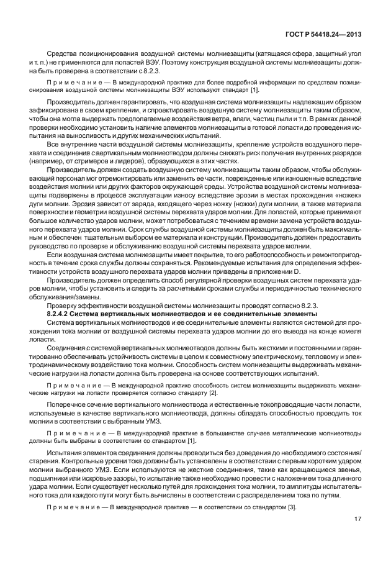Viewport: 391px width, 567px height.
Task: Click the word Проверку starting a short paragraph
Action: coord(63,306)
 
